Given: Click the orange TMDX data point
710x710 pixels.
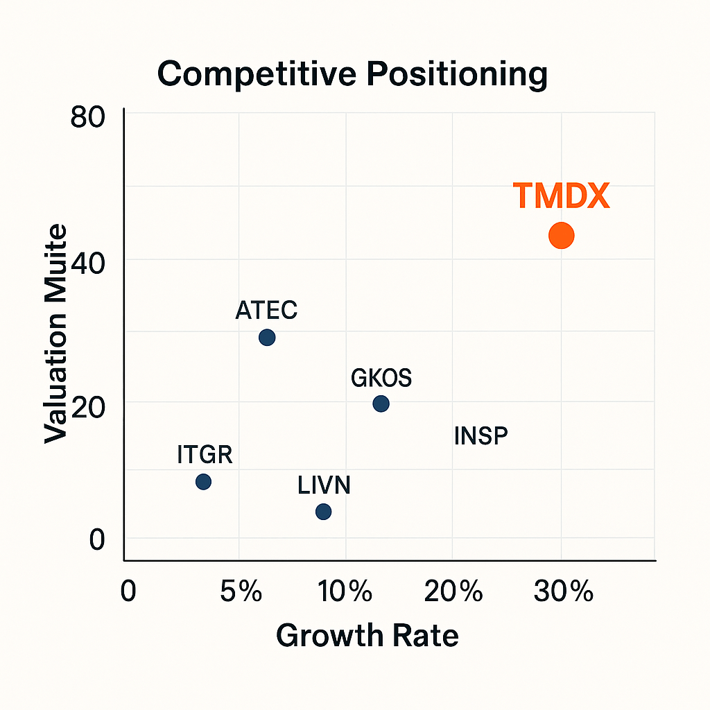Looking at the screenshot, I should coord(561,236).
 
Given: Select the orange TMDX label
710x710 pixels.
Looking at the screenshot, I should coord(561,197).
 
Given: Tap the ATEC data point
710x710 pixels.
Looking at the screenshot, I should coord(267,338).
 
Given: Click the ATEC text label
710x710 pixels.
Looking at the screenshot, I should coord(266,310).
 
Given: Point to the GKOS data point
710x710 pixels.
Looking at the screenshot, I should coord(381,404).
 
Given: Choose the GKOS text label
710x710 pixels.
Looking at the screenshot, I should coord(381,379).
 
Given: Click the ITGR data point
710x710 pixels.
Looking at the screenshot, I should coord(203,482).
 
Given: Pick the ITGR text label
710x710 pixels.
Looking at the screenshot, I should coord(205,456).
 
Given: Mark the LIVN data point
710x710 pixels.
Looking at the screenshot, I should coord(323,512).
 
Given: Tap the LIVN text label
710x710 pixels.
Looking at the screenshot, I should coord(324,485).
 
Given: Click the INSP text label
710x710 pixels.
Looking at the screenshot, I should coord(480,436).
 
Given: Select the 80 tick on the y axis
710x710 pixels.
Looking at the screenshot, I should coord(87,116).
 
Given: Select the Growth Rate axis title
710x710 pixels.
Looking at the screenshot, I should coord(367,635).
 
